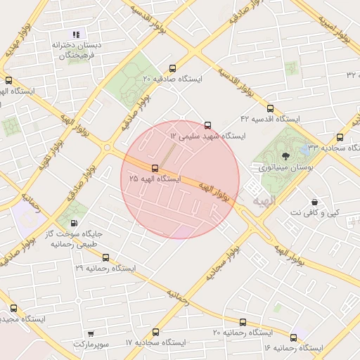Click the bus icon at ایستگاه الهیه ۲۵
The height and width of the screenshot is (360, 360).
coord(155,167)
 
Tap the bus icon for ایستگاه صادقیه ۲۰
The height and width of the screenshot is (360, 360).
coord(156,68)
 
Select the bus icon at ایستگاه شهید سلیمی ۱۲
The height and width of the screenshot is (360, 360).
coord(207,124)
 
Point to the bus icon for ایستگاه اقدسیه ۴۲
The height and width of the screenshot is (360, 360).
coord(270,108)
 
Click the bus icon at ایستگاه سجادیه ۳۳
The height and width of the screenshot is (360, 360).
coord(340,137)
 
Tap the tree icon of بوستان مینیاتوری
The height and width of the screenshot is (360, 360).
coord(285,156)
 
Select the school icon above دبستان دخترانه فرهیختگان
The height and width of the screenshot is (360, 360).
coord(76,34)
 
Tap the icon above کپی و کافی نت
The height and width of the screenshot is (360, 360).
coord(314,202)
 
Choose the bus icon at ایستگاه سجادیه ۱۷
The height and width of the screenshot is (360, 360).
coord(155,331)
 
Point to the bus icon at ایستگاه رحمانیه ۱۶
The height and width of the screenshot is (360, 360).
coord(293,337)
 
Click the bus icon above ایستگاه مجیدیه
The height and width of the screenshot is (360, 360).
coord(13,307)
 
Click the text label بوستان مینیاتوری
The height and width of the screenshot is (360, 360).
coord(285,168)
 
